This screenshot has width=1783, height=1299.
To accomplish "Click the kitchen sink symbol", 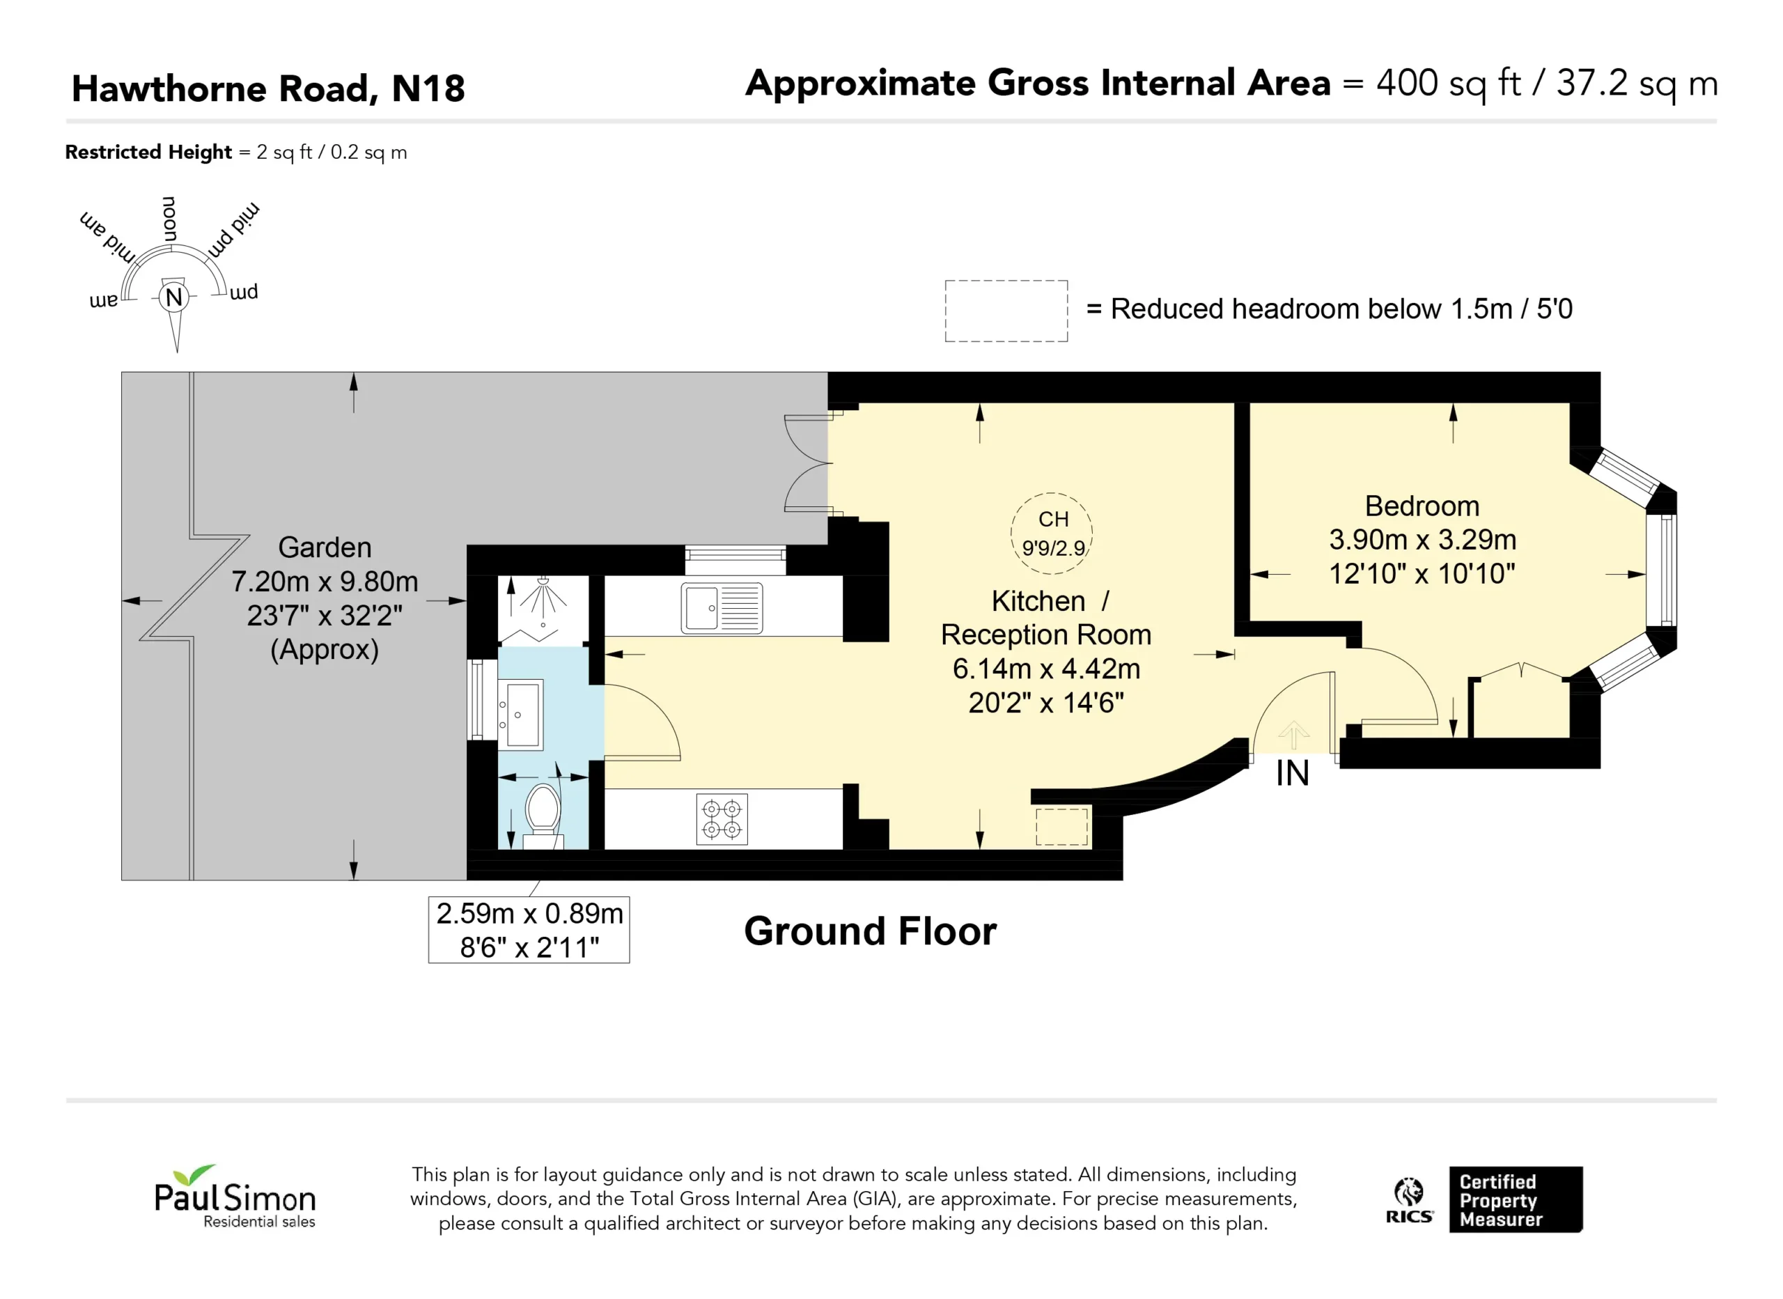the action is click(x=722, y=608).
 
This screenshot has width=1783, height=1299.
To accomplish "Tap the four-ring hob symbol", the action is click(x=722, y=818).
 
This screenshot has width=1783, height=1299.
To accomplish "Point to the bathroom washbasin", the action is click(x=520, y=714).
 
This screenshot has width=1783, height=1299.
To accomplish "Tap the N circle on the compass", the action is click(x=173, y=297).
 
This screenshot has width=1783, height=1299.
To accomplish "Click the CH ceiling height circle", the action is click(x=1052, y=533).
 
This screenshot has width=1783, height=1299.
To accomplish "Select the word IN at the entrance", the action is click(x=1293, y=774).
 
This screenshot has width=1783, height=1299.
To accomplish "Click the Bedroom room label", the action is click(x=1422, y=506).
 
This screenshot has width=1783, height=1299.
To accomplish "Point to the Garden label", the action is click(x=325, y=547).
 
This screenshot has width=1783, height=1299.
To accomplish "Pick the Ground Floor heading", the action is click(x=871, y=932).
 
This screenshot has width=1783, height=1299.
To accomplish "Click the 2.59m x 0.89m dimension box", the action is click(x=529, y=929).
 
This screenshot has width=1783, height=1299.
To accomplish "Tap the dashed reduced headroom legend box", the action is click(x=1006, y=311).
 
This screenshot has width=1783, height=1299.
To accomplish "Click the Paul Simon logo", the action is click(x=235, y=1197).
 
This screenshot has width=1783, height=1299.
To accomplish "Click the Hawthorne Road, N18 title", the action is click(x=268, y=88).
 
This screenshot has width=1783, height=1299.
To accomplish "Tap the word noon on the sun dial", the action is click(x=170, y=219).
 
